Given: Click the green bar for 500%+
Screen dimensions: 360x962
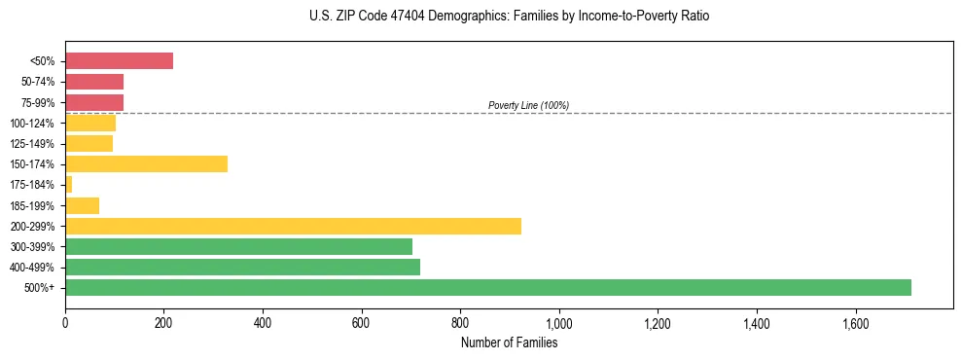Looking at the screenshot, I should tap(487, 287).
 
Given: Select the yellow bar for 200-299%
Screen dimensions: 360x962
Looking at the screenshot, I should tap(293, 226).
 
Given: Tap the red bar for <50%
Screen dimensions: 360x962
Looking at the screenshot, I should tap(119, 61).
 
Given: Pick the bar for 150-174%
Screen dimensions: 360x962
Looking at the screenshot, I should tap(146, 163).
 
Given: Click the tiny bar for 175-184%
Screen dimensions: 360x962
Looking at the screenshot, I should tap(69, 185).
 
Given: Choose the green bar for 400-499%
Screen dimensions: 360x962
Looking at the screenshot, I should tap(242, 267).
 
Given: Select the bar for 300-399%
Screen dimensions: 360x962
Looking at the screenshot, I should tap(238, 246).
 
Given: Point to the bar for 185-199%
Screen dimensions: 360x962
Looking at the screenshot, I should tap(82, 205).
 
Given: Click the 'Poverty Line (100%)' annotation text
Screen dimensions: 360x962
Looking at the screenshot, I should tap(528, 105).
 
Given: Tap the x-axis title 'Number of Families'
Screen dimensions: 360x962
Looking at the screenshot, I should tap(509, 342).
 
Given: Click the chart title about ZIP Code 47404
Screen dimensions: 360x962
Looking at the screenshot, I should tap(510, 17).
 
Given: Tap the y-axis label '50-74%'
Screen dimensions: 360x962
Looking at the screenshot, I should tap(38, 82).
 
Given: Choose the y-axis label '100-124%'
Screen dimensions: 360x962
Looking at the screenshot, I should tap(33, 124).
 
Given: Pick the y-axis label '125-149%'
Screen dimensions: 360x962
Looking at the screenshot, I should tap(33, 144).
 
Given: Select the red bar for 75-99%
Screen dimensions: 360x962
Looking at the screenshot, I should tap(94, 102).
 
